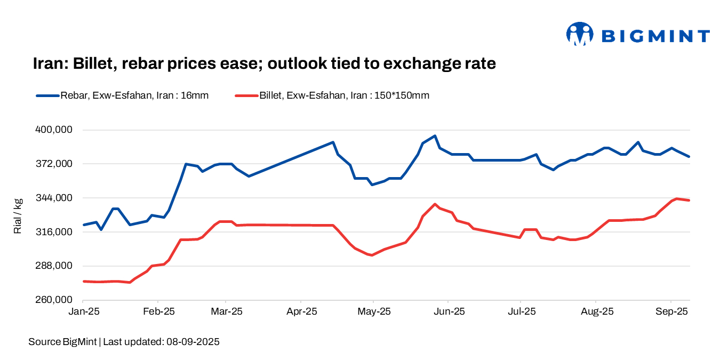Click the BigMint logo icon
580,35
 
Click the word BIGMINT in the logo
655,36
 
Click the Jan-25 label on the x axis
84,311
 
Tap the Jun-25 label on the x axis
448,311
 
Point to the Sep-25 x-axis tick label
671,311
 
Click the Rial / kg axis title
18,215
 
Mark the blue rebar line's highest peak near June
435,136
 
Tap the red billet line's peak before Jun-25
435,204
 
